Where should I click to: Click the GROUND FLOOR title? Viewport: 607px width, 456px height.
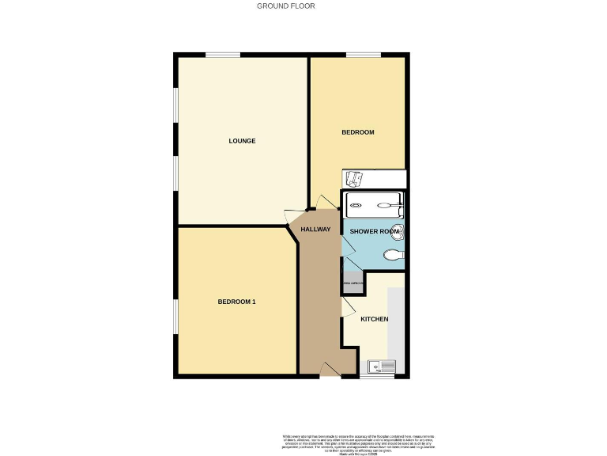286,6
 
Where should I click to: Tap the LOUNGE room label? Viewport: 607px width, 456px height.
242,141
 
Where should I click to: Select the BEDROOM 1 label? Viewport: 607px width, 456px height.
236,302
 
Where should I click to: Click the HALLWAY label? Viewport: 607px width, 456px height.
315,230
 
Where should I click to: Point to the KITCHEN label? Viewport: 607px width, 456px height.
375,319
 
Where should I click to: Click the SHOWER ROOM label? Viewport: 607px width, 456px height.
375,231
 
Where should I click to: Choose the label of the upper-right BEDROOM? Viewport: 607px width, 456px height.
357,132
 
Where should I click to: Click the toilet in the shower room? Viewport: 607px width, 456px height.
393,255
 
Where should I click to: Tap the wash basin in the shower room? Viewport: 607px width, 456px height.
398,231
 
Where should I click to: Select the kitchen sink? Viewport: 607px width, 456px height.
382,367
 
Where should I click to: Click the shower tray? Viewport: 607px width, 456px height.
374,204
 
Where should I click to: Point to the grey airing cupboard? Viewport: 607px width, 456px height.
353,283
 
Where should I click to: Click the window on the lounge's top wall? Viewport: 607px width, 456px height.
224,55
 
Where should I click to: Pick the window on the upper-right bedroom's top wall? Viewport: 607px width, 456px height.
363,55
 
